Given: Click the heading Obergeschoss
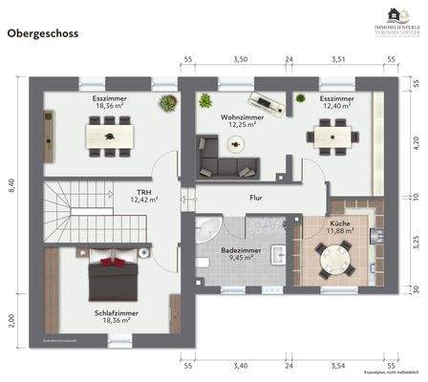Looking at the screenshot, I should [x=44, y=32].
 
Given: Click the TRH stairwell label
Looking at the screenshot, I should [x=144, y=191].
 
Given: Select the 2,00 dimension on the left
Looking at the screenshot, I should [x=11, y=319].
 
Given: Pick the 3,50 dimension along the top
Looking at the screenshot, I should [x=241, y=59].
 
